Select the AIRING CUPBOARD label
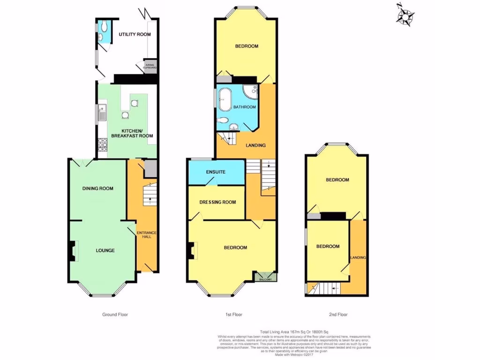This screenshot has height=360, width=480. click(x=150, y=67)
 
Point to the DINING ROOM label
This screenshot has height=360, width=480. click(x=98, y=188)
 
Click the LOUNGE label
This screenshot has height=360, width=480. click(x=105, y=250)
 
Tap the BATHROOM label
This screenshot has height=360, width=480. click(x=245, y=107)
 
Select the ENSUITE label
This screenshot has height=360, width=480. click(x=216, y=172)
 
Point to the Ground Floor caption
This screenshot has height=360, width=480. click(x=115, y=315)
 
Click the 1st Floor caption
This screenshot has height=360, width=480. click(x=233, y=315)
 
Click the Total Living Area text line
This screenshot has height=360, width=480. click(x=294, y=332)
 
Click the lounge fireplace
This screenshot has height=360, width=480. click(x=72, y=251)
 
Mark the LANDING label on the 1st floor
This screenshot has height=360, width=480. click(x=256, y=145)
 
